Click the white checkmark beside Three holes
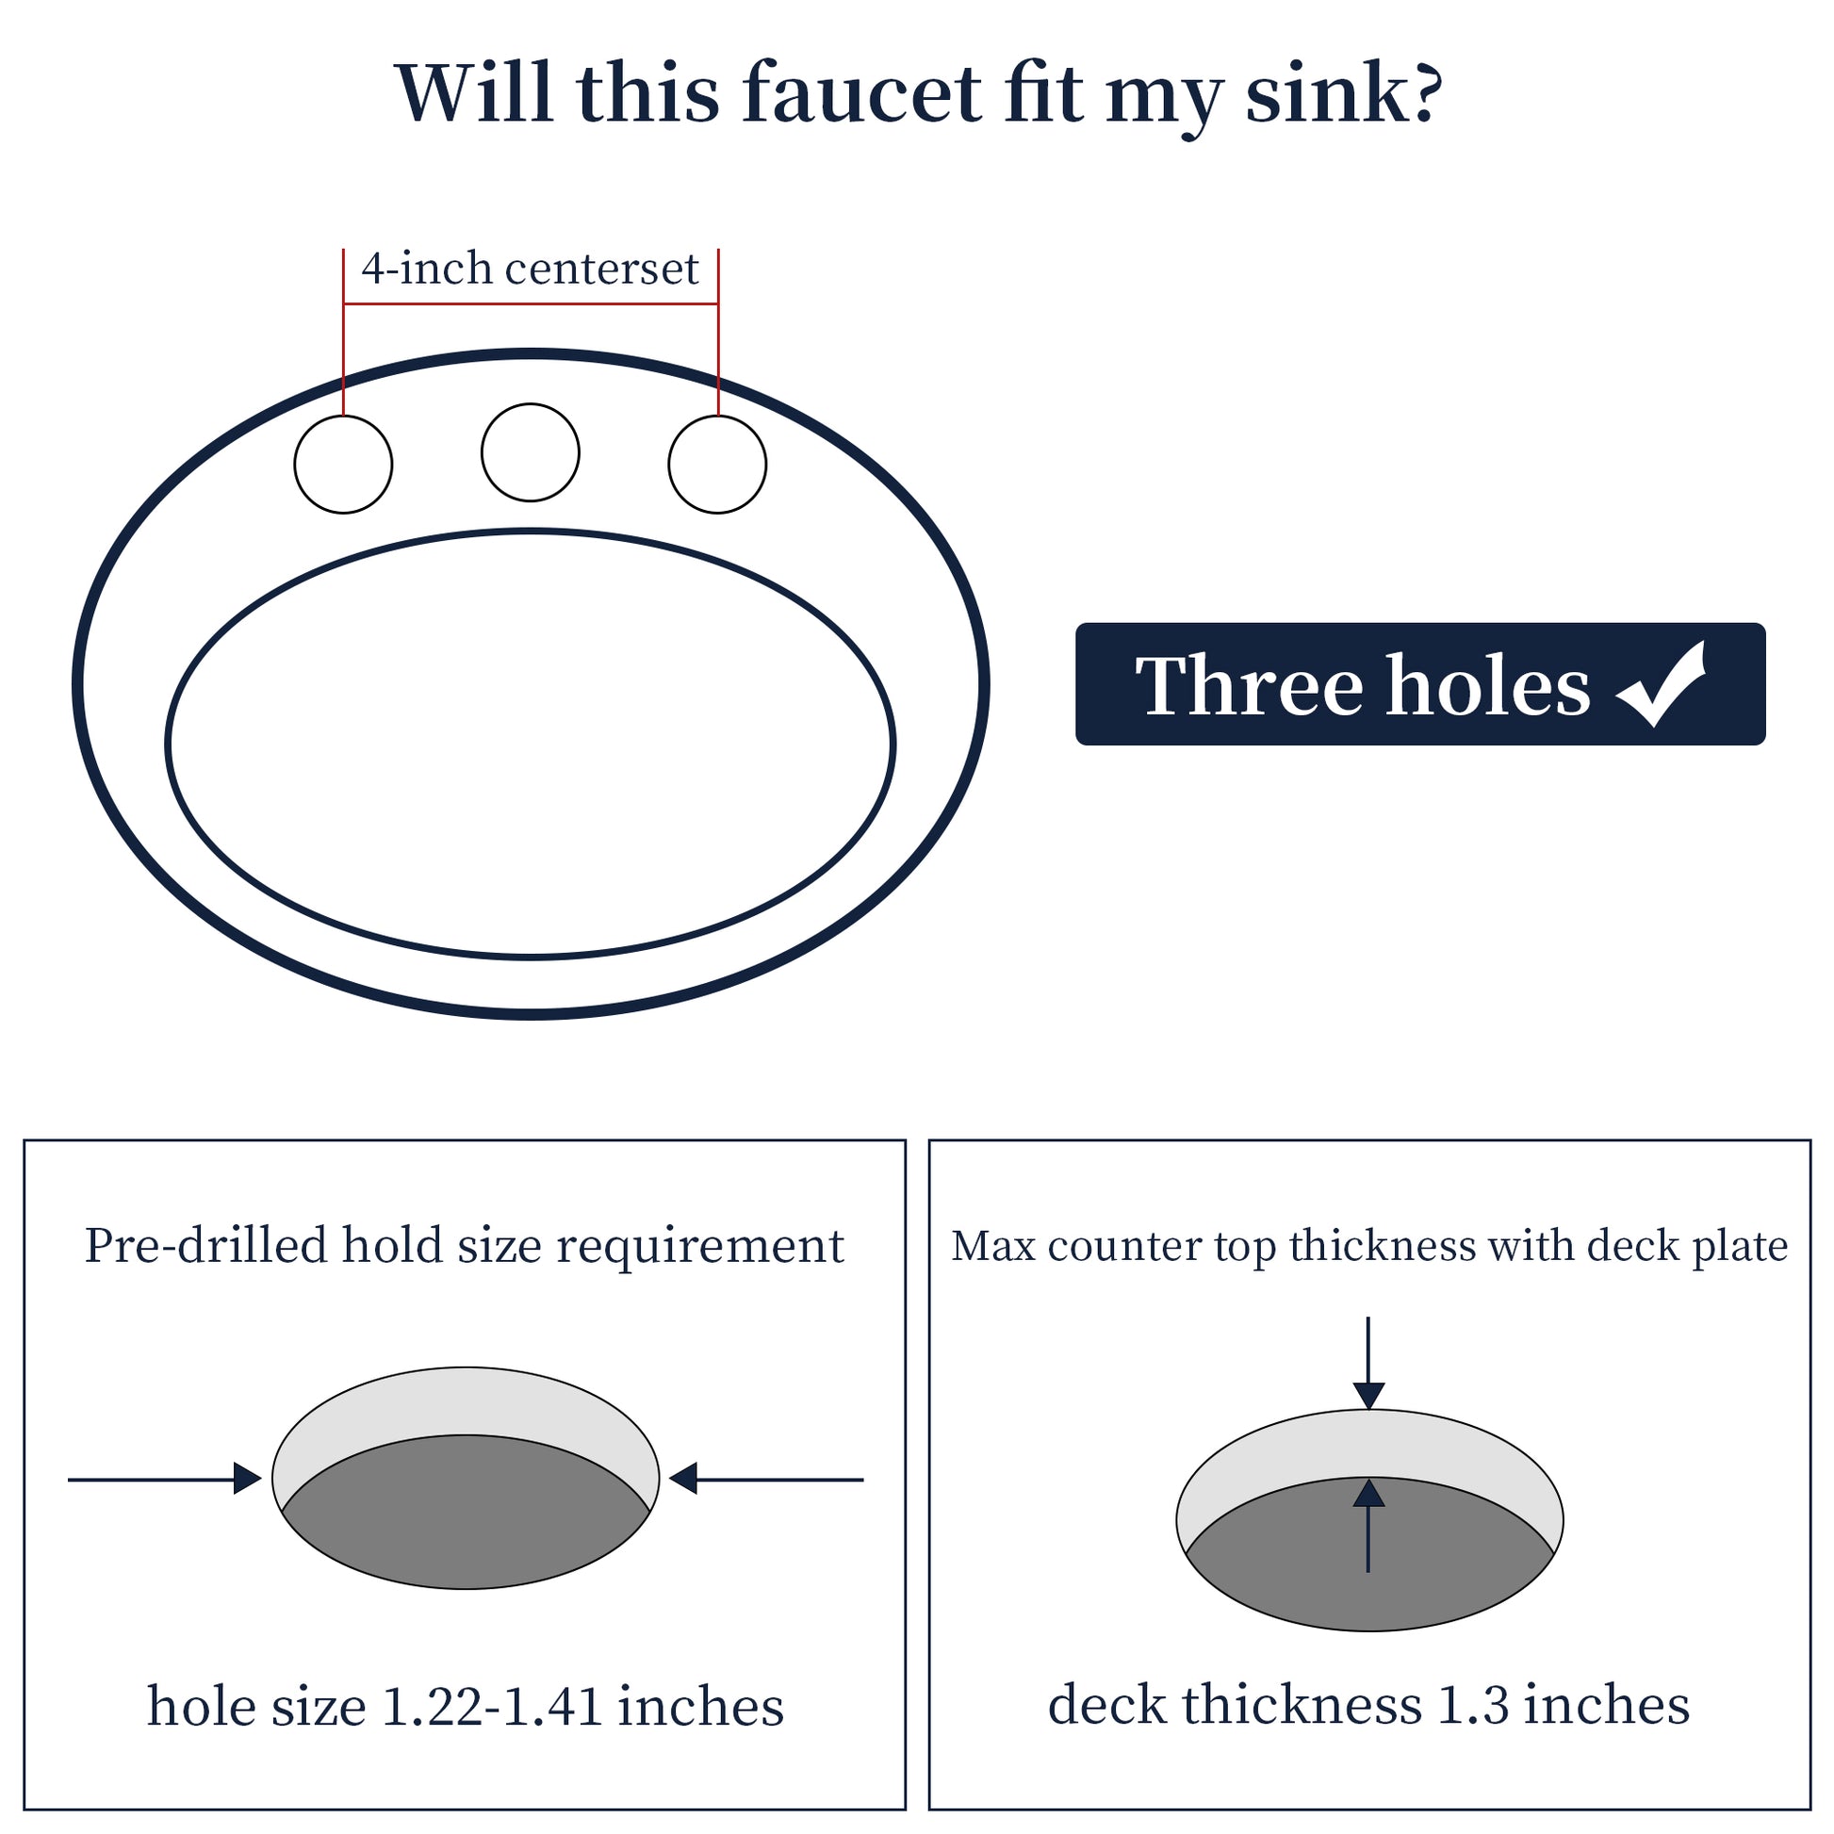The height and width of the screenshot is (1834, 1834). click(1662, 685)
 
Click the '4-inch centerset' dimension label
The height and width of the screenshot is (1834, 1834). click(530, 269)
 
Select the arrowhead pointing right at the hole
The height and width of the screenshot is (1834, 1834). click(248, 1478)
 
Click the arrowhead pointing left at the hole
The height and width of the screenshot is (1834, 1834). click(683, 1478)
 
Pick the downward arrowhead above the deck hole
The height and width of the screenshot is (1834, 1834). click(1367, 1396)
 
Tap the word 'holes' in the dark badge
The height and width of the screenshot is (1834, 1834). click(1487, 685)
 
